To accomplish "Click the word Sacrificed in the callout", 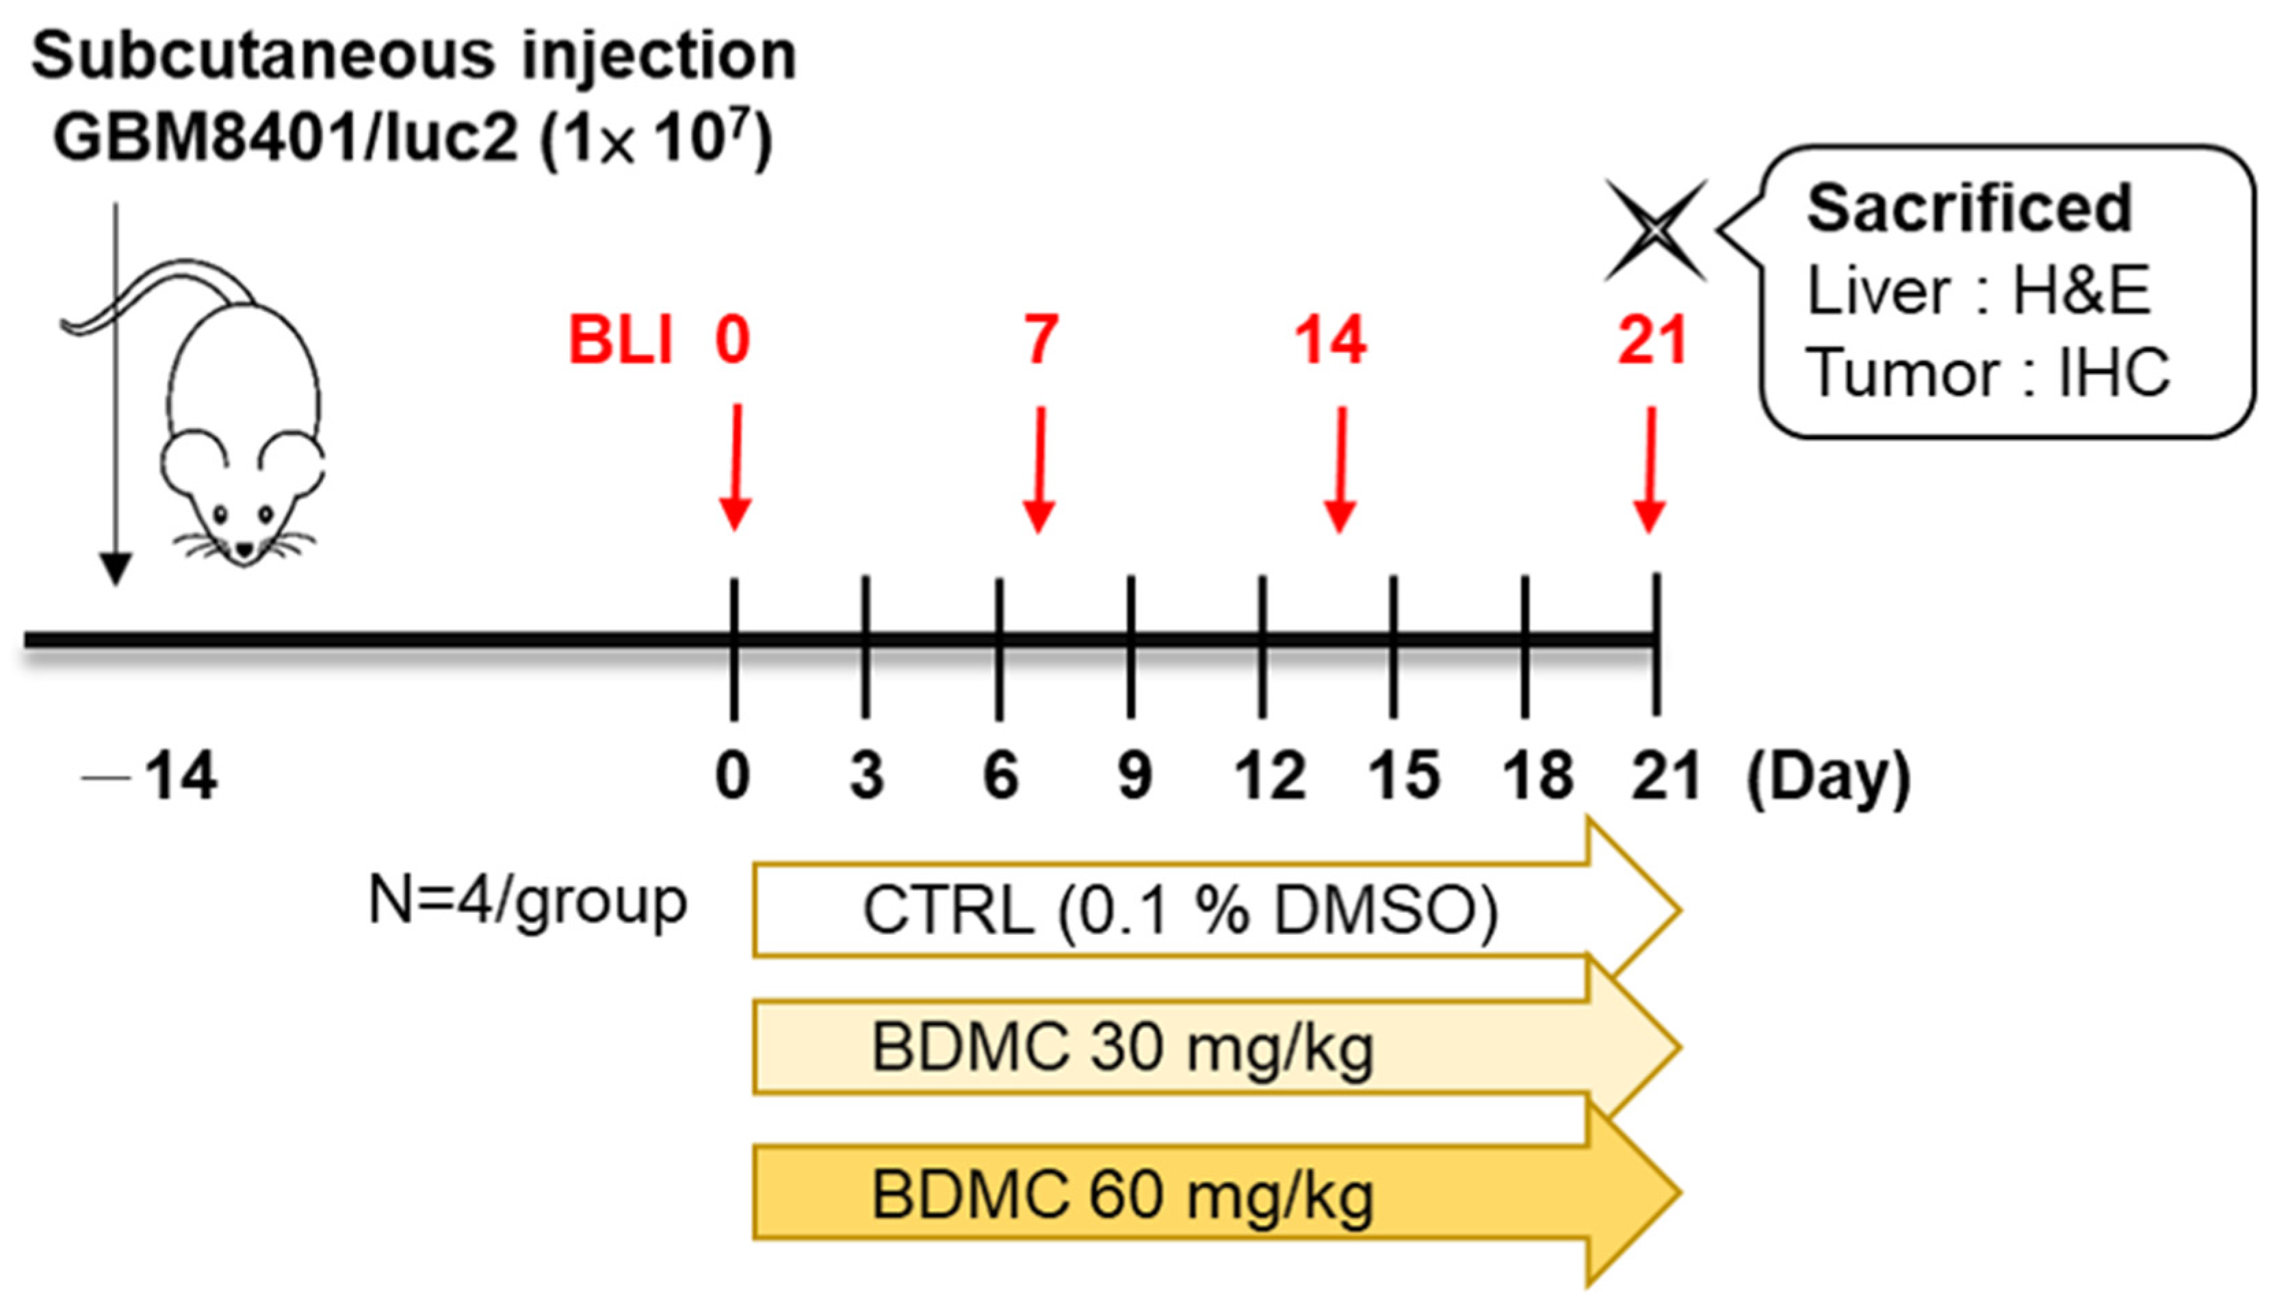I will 1968,209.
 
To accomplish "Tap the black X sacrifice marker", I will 1654,230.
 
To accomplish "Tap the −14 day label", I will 153,775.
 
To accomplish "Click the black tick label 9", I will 1134,775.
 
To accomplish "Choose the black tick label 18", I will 1537,775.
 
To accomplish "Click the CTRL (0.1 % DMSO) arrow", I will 1178,911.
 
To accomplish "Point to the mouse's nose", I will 244,546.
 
